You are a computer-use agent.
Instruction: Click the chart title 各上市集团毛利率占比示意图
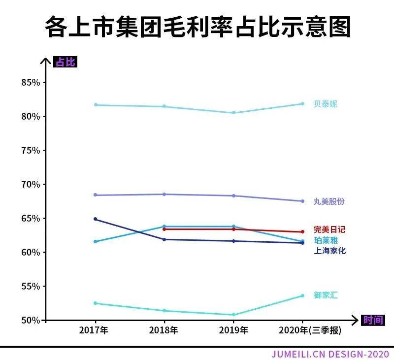[197, 27]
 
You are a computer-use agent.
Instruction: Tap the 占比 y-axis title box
[66, 62]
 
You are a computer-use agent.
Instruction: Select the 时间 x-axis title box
[373, 320]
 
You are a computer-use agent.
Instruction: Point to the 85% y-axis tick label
[31, 82]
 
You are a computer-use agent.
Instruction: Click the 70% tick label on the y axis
[31, 184]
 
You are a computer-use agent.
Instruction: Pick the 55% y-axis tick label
[31, 286]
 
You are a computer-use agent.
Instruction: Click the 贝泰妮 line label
[326, 104]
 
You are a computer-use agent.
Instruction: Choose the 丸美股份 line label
[329, 201]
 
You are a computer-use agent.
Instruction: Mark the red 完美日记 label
[329, 229]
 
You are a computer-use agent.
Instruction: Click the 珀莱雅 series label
[326, 240]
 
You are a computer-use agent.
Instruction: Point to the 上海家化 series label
[329, 251]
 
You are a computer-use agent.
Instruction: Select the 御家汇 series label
[326, 295]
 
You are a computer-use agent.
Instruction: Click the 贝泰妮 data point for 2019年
[233, 113]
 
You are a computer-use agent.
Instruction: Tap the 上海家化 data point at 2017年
[95, 219]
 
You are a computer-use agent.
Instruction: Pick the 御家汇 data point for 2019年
[233, 315]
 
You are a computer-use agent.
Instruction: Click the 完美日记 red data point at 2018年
[164, 229]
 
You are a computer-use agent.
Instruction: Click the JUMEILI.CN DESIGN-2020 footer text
[330, 354]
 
